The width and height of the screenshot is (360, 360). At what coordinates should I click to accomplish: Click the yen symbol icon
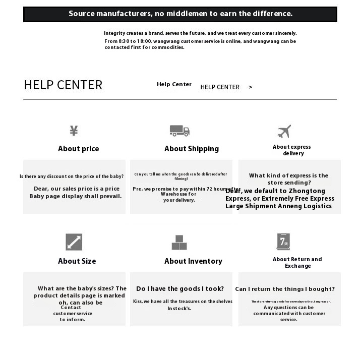[74, 131]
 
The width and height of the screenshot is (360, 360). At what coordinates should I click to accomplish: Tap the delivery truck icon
[179, 131]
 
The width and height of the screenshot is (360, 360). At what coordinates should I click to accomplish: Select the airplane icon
[284, 131]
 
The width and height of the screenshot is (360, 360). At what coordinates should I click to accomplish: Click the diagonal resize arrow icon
[74, 242]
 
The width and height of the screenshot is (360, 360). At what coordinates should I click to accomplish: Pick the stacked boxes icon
[179, 243]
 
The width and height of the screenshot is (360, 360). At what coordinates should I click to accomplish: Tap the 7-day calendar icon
[283, 242]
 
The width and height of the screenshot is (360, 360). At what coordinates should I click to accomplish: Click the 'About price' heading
[78, 149]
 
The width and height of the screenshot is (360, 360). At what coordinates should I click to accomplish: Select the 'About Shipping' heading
[192, 149]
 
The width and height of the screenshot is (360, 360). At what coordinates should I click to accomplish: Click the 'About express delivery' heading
[292, 150]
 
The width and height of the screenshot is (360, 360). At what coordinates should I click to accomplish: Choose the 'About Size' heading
[77, 261]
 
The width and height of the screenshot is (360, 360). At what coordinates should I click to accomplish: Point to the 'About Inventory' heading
[193, 261]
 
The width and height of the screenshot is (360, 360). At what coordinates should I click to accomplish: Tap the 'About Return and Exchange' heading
[297, 263]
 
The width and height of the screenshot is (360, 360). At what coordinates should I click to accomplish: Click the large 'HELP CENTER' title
[63, 85]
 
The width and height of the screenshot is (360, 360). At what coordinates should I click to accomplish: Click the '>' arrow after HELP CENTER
[251, 87]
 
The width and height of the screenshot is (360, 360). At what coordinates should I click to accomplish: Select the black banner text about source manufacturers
[180, 14]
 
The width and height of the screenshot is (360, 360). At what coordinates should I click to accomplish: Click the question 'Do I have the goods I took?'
[180, 289]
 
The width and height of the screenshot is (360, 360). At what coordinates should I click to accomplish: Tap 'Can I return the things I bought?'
[285, 289]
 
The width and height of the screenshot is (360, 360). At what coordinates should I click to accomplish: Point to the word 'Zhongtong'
[308, 191]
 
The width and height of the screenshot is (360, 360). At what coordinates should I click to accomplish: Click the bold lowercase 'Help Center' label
[174, 84]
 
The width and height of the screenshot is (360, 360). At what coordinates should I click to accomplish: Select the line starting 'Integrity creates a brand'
[200, 33]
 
